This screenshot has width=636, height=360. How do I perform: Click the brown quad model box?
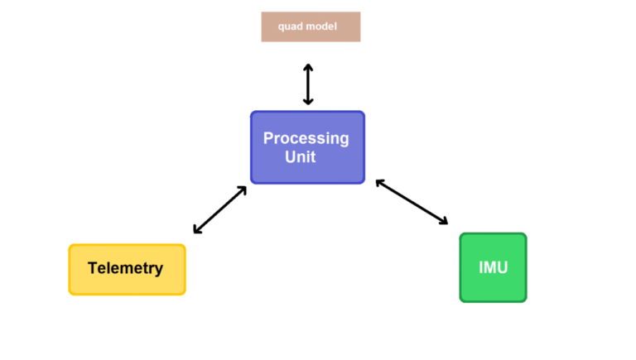(x=311, y=26)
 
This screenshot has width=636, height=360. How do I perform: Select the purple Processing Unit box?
(x=307, y=147)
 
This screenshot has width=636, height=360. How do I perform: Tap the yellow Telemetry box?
(x=127, y=270)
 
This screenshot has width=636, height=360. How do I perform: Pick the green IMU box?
(x=494, y=267)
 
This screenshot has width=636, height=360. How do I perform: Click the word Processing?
(x=306, y=139)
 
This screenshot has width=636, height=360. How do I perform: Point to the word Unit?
(x=300, y=157)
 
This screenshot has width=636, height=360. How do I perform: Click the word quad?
(x=287, y=26)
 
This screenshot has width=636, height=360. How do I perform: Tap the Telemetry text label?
(x=125, y=268)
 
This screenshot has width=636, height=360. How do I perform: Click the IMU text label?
(x=494, y=267)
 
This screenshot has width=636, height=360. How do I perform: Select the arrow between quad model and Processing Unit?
(x=308, y=84)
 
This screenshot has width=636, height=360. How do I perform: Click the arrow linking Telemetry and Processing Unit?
(x=219, y=209)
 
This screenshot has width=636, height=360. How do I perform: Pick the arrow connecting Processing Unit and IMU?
(x=412, y=202)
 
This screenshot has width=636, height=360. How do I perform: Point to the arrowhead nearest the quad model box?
(x=308, y=67)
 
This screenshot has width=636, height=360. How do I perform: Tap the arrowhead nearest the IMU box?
(x=444, y=221)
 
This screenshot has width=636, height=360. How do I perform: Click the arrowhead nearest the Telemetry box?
(x=197, y=230)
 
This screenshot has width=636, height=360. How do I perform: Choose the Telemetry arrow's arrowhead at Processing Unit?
(x=243, y=190)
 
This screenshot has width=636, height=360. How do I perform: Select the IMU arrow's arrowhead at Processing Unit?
(x=379, y=183)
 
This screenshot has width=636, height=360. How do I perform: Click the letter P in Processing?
(x=268, y=138)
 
